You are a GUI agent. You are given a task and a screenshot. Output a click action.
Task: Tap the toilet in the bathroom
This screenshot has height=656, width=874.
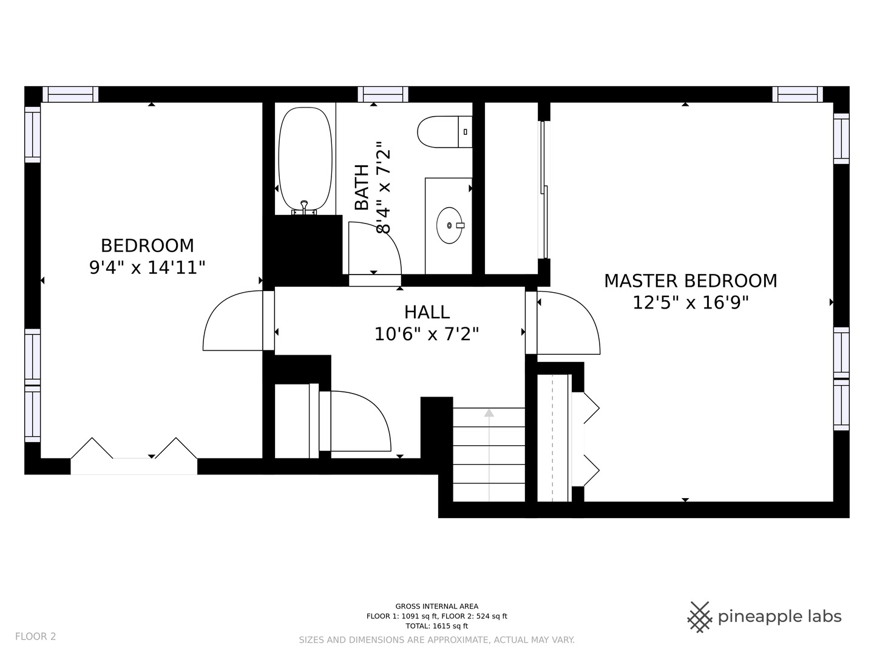click(444, 132)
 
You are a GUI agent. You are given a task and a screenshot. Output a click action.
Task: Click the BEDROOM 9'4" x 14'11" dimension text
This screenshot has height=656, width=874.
click(147, 267)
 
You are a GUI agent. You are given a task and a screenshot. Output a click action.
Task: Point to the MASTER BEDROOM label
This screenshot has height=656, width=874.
click(691, 281)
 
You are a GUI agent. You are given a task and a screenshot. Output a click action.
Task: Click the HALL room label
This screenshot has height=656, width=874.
click(427, 312)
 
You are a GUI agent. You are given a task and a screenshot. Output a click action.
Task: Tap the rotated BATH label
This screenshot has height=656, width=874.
click(362, 187)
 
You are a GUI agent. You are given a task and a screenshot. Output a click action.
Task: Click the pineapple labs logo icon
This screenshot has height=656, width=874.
click(700, 617)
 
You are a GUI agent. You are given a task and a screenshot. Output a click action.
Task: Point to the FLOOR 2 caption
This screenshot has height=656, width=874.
click(35, 637)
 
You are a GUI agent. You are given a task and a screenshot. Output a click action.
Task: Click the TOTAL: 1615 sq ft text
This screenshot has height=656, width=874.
click(437, 626)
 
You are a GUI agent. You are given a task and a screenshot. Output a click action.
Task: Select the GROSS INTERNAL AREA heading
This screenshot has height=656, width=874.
click(437, 606)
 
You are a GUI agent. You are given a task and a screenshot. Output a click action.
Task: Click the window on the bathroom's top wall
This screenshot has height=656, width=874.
click(383, 94)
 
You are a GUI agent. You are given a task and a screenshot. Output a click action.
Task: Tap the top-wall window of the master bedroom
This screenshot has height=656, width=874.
click(798, 94)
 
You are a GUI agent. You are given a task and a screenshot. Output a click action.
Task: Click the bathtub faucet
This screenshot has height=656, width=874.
click(304, 208)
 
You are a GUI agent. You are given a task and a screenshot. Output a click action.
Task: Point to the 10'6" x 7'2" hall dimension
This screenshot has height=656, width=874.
click(427, 334)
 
